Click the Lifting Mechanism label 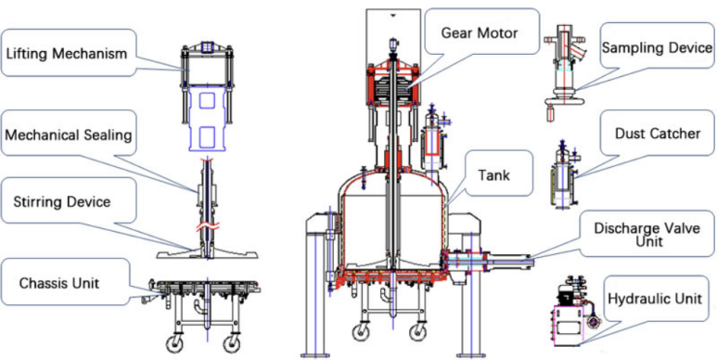point(66,54)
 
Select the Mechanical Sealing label point(68,135)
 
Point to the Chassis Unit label point(59,283)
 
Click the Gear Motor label point(480,32)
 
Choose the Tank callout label point(493,174)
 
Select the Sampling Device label point(657,48)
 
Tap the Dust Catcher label point(658,134)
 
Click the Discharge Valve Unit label point(647,235)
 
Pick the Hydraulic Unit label point(654,299)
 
